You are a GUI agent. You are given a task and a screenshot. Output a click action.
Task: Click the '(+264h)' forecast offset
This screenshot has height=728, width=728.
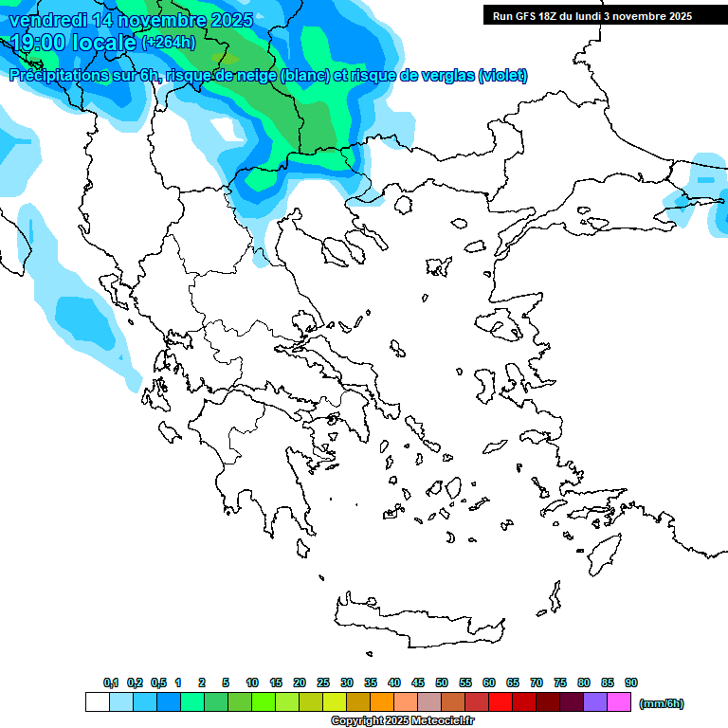pos(169,43)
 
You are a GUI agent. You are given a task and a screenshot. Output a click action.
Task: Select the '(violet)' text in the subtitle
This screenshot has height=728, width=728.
pos(502,76)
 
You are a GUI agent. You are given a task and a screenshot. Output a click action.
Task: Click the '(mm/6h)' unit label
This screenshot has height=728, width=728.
pos(661,703)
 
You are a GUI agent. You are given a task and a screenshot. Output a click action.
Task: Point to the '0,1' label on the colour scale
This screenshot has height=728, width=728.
pos(110,682)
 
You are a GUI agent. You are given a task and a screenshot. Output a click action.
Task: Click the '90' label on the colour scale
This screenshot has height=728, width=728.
pos(631,682)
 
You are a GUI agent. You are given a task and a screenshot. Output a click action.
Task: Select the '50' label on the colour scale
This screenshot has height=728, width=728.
pos(442,682)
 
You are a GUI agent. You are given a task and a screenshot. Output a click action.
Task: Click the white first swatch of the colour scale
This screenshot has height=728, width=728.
pos(97,702)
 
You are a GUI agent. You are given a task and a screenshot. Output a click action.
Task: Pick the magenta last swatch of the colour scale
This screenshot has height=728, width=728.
pos(619,702)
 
